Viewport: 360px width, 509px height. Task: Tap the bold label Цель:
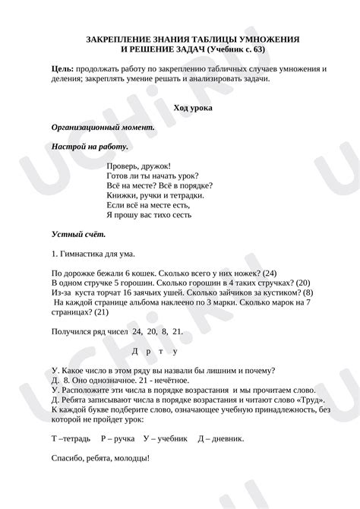tap(63, 68)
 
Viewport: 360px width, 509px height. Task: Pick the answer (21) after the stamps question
tap(81, 311)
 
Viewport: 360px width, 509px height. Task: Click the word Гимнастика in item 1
tap(81, 252)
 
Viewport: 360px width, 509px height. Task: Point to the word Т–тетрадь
tap(71, 438)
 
